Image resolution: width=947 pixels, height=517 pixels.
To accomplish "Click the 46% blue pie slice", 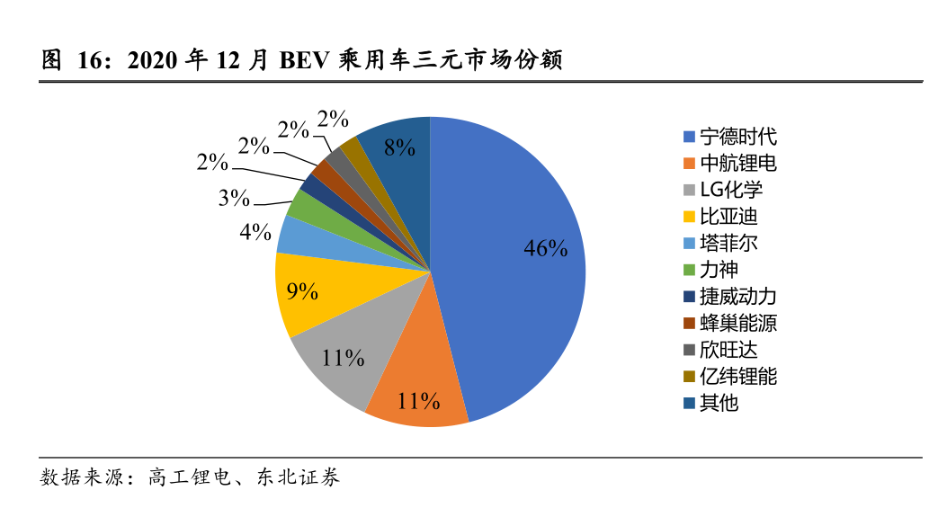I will click(x=513, y=270).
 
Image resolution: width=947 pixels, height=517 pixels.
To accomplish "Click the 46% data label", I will click(x=546, y=249).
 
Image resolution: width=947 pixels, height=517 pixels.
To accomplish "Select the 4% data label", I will click(x=255, y=232).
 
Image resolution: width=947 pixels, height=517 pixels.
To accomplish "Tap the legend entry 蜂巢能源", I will click(x=737, y=323).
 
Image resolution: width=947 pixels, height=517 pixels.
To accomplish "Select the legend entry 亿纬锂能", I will click(x=737, y=376).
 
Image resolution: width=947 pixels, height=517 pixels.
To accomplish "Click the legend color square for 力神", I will click(x=689, y=270).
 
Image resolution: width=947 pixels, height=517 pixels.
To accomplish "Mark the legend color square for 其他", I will click(x=689, y=403).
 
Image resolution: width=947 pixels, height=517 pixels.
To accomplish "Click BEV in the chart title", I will click(x=305, y=61).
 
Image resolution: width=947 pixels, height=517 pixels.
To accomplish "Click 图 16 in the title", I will click(x=67, y=61).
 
